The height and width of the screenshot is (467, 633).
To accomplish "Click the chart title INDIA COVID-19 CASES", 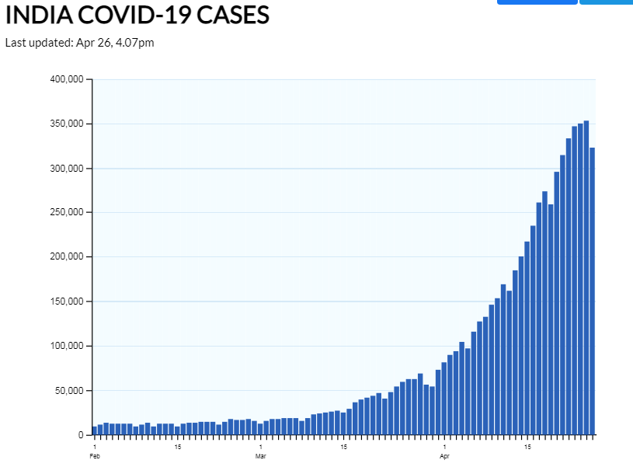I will [137, 14].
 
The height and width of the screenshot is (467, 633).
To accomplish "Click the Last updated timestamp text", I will [79, 43].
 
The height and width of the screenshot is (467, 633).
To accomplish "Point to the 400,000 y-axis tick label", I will [67, 79].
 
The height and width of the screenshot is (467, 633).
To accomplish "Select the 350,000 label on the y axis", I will [67, 124].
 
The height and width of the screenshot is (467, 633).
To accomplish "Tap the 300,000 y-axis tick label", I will [67, 169].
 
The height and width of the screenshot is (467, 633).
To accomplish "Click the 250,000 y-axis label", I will [67, 213].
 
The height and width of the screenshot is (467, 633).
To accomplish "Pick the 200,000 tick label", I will [67, 257].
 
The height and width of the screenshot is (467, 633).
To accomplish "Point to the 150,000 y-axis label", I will [67, 301].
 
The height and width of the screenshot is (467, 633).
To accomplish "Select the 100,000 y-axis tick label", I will [67, 346].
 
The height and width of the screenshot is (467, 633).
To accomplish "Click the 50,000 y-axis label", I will [69, 391].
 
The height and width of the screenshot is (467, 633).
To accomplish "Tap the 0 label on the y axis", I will [80, 435].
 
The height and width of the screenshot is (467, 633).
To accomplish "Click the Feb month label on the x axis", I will [95, 456].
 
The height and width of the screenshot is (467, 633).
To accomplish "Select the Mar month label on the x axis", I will [261, 456].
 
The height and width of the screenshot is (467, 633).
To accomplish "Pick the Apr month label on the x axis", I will [444, 456].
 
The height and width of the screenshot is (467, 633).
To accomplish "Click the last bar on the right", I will [592, 291].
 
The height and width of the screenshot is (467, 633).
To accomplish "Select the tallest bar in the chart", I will [586, 278].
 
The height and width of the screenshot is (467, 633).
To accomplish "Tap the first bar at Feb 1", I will [95, 430].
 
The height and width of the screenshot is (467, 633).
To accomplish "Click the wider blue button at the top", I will [537, 2].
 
